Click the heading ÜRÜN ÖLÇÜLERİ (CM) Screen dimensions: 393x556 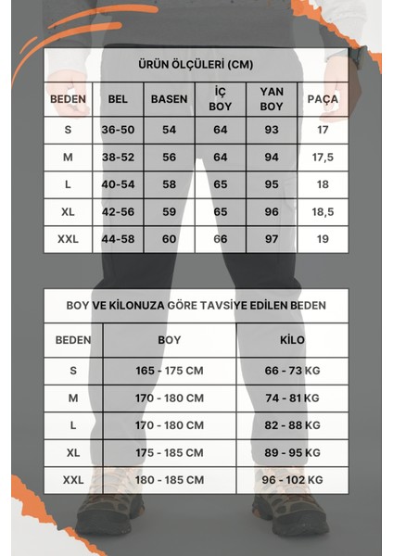click(x=196, y=65)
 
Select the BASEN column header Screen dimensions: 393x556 click(x=168, y=98)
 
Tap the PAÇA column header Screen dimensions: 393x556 click(x=322, y=98)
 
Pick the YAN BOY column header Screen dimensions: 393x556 click(x=271, y=98)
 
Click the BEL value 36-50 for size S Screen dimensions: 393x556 click(x=117, y=130)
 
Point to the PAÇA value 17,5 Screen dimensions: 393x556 click(x=322, y=158)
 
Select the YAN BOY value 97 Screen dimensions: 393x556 click(x=271, y=239)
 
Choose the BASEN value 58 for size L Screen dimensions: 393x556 click(x=168, y=184)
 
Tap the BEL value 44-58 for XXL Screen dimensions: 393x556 click(x=117, y=239)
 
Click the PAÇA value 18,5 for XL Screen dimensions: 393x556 click(x=322, y=211)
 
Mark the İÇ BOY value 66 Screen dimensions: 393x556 click(x=220, y=239)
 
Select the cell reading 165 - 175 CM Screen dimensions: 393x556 click(x=170, y=371)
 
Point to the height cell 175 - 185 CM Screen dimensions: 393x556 click(x=170, y=453)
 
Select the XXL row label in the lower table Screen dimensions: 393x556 click(x=73, y=480)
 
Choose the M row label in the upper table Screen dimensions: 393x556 click(x=68, y=158)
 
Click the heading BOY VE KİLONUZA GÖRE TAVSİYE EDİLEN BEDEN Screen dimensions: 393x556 click(x=196, y=305)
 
